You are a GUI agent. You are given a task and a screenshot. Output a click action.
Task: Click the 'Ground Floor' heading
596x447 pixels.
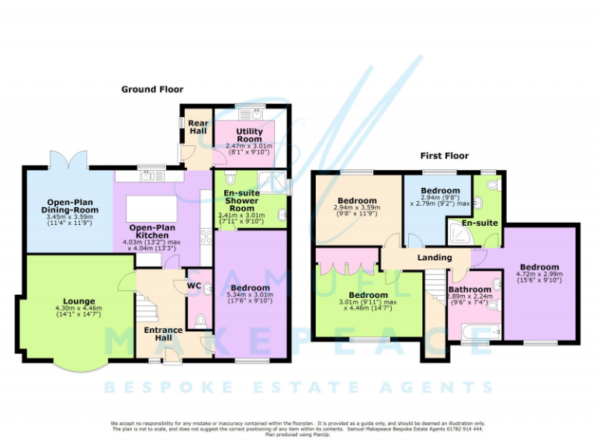(152, 89)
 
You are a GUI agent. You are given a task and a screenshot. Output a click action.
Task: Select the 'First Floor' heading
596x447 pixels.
(445, 156)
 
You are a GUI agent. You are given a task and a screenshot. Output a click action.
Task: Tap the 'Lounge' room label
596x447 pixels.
(80, 301)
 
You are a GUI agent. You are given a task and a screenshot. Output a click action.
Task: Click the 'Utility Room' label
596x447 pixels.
(249, 137)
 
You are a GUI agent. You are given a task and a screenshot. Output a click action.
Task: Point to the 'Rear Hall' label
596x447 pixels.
(198, 126)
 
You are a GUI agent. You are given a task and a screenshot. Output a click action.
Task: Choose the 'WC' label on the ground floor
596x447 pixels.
(195, 285)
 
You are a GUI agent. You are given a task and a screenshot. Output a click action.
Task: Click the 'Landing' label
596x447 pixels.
(435, 258)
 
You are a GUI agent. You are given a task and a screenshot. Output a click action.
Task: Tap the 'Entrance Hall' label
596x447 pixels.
(164, 334)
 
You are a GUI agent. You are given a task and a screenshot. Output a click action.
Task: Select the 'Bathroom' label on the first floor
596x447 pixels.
(470, 289)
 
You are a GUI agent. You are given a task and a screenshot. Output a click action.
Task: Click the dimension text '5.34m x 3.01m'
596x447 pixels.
(250, 296)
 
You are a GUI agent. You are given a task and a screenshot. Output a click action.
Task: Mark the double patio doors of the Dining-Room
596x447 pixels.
(68, 161)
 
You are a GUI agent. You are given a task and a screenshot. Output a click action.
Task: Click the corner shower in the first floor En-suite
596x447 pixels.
(457, 231)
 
